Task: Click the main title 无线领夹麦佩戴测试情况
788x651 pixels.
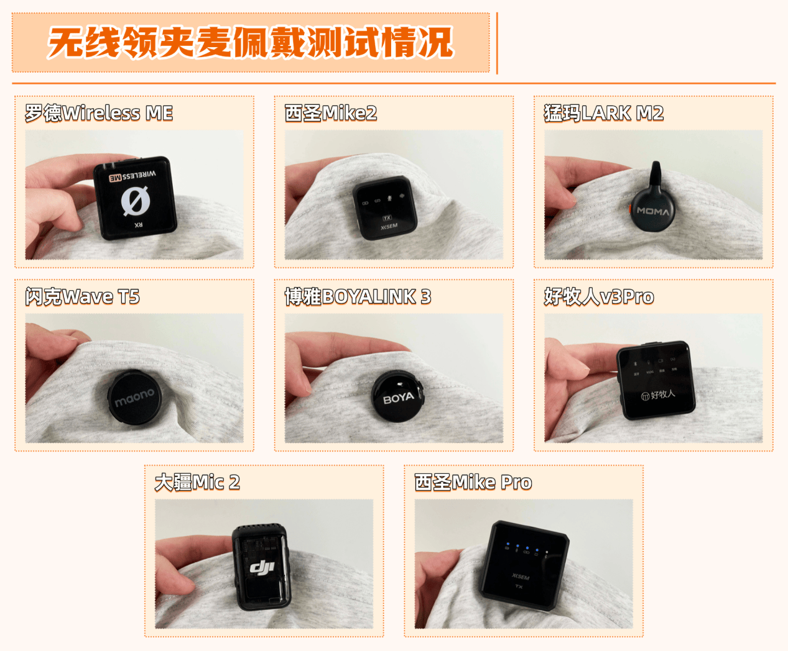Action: coord(251,42)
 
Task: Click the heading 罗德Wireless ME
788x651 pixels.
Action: coord(99,113)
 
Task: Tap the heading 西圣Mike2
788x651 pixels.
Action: coord(331,113)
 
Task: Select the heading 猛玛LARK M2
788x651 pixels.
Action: coord(604,113)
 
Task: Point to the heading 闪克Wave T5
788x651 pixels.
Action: coord(82,297)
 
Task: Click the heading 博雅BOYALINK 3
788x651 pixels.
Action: coord(358,297)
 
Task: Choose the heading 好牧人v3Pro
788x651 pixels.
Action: coord(599,297)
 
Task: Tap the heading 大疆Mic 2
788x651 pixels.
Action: coord(197,482)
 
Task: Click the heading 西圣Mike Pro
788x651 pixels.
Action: coord(473,482)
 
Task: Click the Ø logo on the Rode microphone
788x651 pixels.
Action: coord(135,200)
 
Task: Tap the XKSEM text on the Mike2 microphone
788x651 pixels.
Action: coord(389,227)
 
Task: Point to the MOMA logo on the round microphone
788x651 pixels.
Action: coord(653,211)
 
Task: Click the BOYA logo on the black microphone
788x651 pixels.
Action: coord(398,398)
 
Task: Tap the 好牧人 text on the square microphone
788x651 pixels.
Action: coord(658,394)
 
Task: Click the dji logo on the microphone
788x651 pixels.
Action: coord(262,567)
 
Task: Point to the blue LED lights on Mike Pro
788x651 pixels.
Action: coord(526,549)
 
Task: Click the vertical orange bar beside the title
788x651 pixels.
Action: coord(497,42)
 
